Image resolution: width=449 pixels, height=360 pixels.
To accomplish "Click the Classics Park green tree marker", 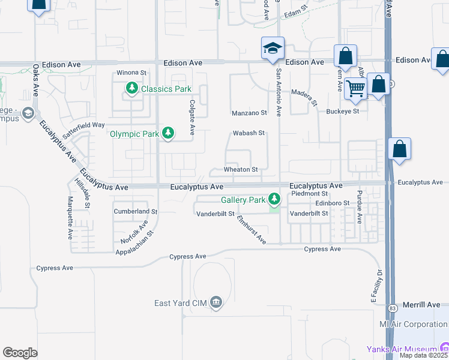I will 131,89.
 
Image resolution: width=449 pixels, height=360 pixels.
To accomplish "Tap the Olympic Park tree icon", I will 169,133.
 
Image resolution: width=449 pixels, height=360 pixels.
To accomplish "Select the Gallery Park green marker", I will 274,199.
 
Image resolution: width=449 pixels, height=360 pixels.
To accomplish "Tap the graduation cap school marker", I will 272,49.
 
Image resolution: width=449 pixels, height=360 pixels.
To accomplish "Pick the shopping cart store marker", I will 356,89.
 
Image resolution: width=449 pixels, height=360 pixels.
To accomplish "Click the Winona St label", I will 131,73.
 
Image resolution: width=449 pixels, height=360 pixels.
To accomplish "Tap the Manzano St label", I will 249,113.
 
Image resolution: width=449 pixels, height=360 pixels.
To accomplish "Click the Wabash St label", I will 249,133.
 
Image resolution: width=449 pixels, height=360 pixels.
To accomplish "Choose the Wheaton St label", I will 241,170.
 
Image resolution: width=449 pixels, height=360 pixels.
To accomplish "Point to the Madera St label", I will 304,97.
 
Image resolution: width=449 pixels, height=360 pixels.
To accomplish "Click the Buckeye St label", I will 343,111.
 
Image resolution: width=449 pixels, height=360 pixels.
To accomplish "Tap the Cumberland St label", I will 136,212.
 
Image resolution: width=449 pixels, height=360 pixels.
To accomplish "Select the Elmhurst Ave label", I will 252,229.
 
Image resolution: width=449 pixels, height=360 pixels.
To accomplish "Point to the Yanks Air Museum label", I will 402,349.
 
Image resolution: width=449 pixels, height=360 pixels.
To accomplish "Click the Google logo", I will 20,353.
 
